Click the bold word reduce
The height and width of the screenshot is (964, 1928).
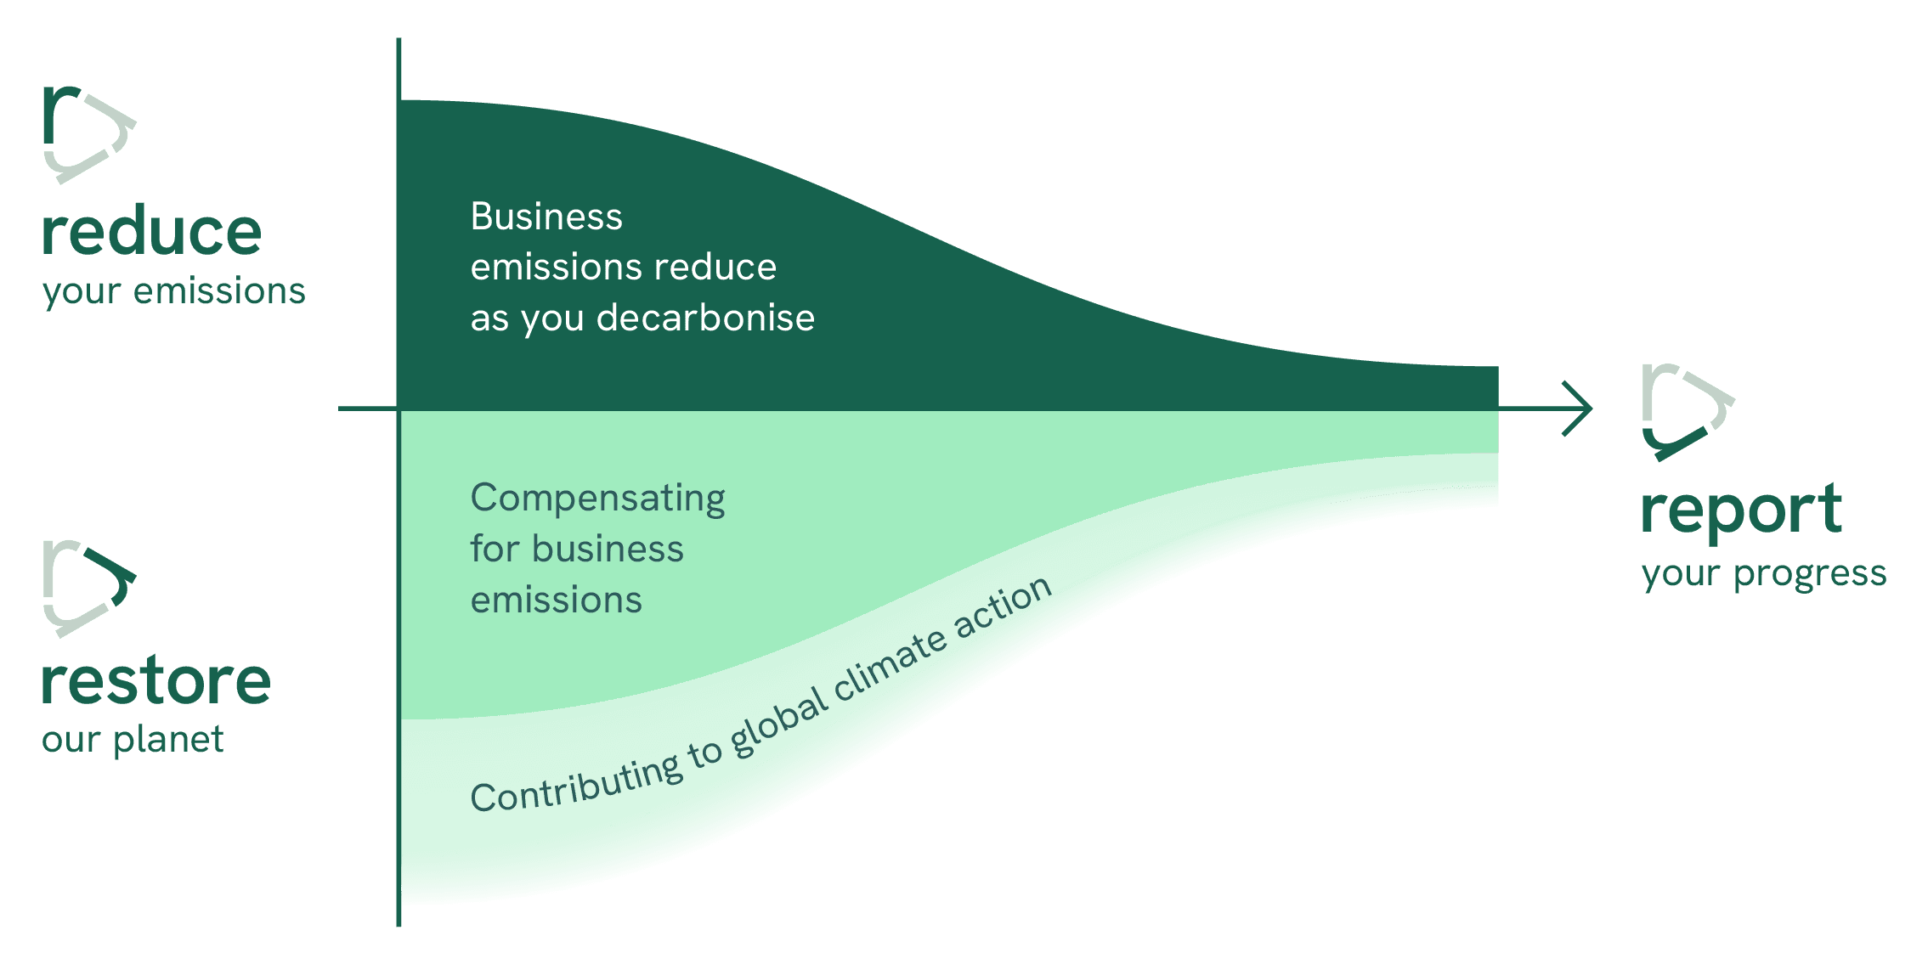point(152,231)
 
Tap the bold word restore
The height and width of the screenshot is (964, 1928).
point(156,682)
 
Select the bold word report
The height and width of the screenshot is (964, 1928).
point(1741,512)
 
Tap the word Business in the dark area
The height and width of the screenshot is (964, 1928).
point(546,217)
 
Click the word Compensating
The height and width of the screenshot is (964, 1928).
point(597,499)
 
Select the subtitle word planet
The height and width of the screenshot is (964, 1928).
point(168,740)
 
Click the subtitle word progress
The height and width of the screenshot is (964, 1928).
point(1810,575)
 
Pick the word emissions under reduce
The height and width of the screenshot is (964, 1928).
point(219,291)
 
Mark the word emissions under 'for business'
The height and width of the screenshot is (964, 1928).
point(557,600)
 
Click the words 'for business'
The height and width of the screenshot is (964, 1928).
point(577,549)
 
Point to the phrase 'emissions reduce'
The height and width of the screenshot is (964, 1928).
point(624,268)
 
